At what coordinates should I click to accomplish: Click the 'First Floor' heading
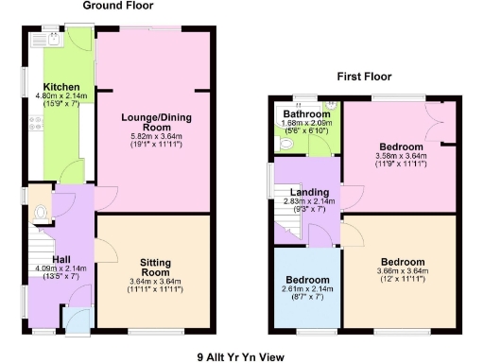[x=365, y=77]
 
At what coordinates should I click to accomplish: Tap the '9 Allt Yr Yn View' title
[x=241, y=357]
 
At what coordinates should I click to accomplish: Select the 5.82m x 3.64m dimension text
[x=152, y=137]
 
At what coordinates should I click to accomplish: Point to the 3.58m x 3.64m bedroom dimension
[x=402, y=156]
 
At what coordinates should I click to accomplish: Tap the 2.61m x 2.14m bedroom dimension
[x=308, y=290]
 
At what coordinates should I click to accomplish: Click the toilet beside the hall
[x=40, y=215]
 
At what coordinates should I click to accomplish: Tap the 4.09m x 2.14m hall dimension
[x=60, y=268]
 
